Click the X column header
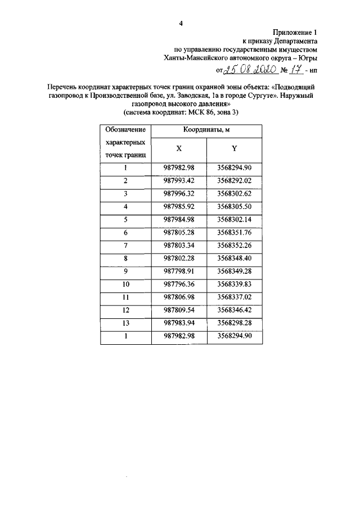pos(179,149)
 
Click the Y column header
pos(233,149)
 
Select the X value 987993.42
pos(179,181)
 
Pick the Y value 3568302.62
pos(233,193)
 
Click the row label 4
pos(126,206)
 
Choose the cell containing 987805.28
pos(179,232)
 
